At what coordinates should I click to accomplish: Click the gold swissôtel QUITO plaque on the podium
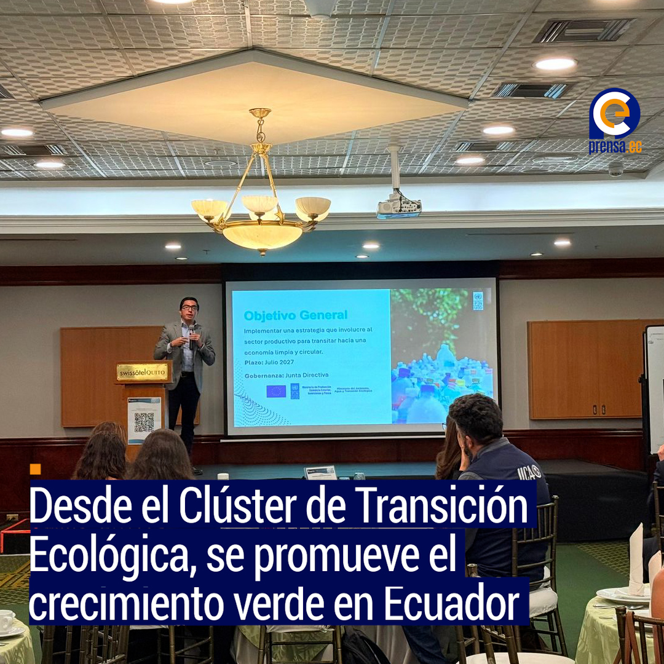(x=142, y=371)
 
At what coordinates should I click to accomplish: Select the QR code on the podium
(x=144, y=422)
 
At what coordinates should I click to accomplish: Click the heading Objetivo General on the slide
(x=295, y=315)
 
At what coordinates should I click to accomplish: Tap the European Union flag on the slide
(x=276, y=391)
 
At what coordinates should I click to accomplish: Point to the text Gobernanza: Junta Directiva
(x=286, y=374)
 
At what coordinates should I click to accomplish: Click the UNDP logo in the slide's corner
(x=478, y=301)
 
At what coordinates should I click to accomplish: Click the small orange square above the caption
(x=35, y=469)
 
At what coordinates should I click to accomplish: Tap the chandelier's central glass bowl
(x=263, y=235)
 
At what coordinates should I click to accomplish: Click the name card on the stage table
(x=320, y=472)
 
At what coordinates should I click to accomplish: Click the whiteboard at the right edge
(x=655, y=387)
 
